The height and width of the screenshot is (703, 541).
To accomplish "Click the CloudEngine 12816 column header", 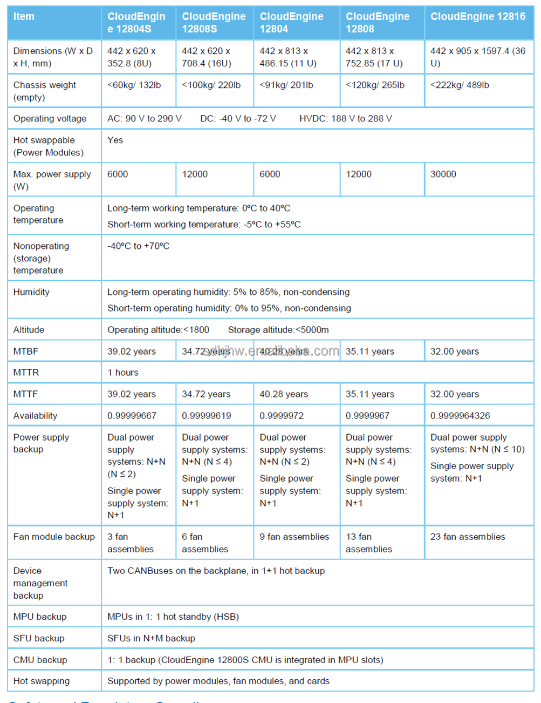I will pyautogui.click(x=477, y=17).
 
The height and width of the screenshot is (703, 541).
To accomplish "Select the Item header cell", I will pyautogui.click(x=24, y=17).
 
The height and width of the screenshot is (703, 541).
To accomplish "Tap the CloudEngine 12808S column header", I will pyautogui.click(x=214, y=23).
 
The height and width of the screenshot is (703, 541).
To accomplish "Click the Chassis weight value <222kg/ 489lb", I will pyautogui.click(x=460, y=85).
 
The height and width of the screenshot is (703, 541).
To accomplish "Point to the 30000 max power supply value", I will pyautogui.click(x=443, y=174).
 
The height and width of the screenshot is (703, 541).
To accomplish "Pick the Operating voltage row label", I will pyautogui.click(x=50, y=119).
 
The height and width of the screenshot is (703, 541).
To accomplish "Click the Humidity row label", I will pyautogui.click(x=31, y=292).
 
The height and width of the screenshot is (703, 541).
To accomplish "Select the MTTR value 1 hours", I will pyautogui.click(x=123, y=373).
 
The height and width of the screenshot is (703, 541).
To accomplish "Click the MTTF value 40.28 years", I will pyautogui.click(x=284, y=394).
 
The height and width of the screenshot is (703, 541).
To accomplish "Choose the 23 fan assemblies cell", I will pyautogui.click(x=468, y=537).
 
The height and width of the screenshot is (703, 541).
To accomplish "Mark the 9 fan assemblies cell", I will pyautogui.click(x=294, y=537).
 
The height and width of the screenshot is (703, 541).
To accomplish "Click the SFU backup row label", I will pyautogui.click(x=39, y=638).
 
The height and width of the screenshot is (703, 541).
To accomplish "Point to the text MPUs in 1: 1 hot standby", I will pyautogui.click(x=173, y=617).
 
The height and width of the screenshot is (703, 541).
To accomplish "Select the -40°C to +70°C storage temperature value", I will pyautogui.click(x=138, y=246).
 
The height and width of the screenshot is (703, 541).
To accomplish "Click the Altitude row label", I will pyautogui.click(x=29, y=330).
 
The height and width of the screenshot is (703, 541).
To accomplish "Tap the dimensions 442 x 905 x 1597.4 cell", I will pyautogui.click(x=477, y=57).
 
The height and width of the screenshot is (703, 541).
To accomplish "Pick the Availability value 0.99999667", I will pyautogui.click(x=132, y=416).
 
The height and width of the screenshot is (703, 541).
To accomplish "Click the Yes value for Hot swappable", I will pyautogui.click(x=115, y=140).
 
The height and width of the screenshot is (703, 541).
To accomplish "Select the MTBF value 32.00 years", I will pyautogui.click(x=454, y=351).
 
